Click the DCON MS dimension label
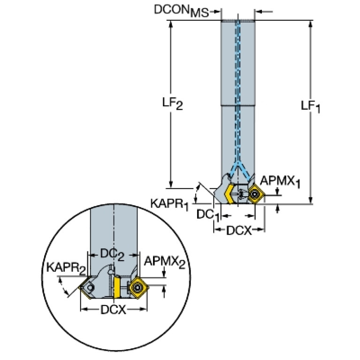[181, 10]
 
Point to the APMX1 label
[280, 181]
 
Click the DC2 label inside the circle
[113, 254]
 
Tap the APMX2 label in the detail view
[164, 262]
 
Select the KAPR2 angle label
[66, 269]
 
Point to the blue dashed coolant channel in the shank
[238, 117]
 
